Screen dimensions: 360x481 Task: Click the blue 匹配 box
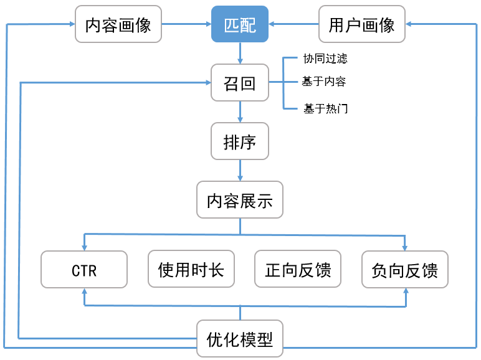(x=240, y=24)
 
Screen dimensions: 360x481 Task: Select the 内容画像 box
(x=118, y=24)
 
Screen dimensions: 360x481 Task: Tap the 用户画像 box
(x=361, y=24)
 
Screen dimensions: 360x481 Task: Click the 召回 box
(x=240, y=83)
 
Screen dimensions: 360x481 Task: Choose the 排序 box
(x=240, y=141)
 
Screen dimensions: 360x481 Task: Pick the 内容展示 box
(x=240, y=200)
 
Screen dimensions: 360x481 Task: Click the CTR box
(x=84, y=270)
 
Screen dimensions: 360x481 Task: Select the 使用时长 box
(x=191, y=270)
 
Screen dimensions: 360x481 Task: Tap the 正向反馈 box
(x=298, y=270)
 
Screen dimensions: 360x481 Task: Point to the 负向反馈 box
(x=405, y=270)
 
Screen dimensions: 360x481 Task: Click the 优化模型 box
(x=240, y=338)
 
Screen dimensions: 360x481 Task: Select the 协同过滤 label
(x=325, y=59)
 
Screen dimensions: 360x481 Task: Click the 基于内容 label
(x=324, y=82)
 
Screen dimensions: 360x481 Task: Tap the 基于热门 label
(x=325, y=109)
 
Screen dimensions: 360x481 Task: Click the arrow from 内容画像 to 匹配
(x=186, y=24)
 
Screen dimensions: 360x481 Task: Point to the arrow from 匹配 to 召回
(x=240, y=54)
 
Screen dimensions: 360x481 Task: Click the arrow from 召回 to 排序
(x=240, y=112)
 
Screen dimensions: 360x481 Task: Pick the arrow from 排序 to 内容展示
(x=240, y=171)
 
